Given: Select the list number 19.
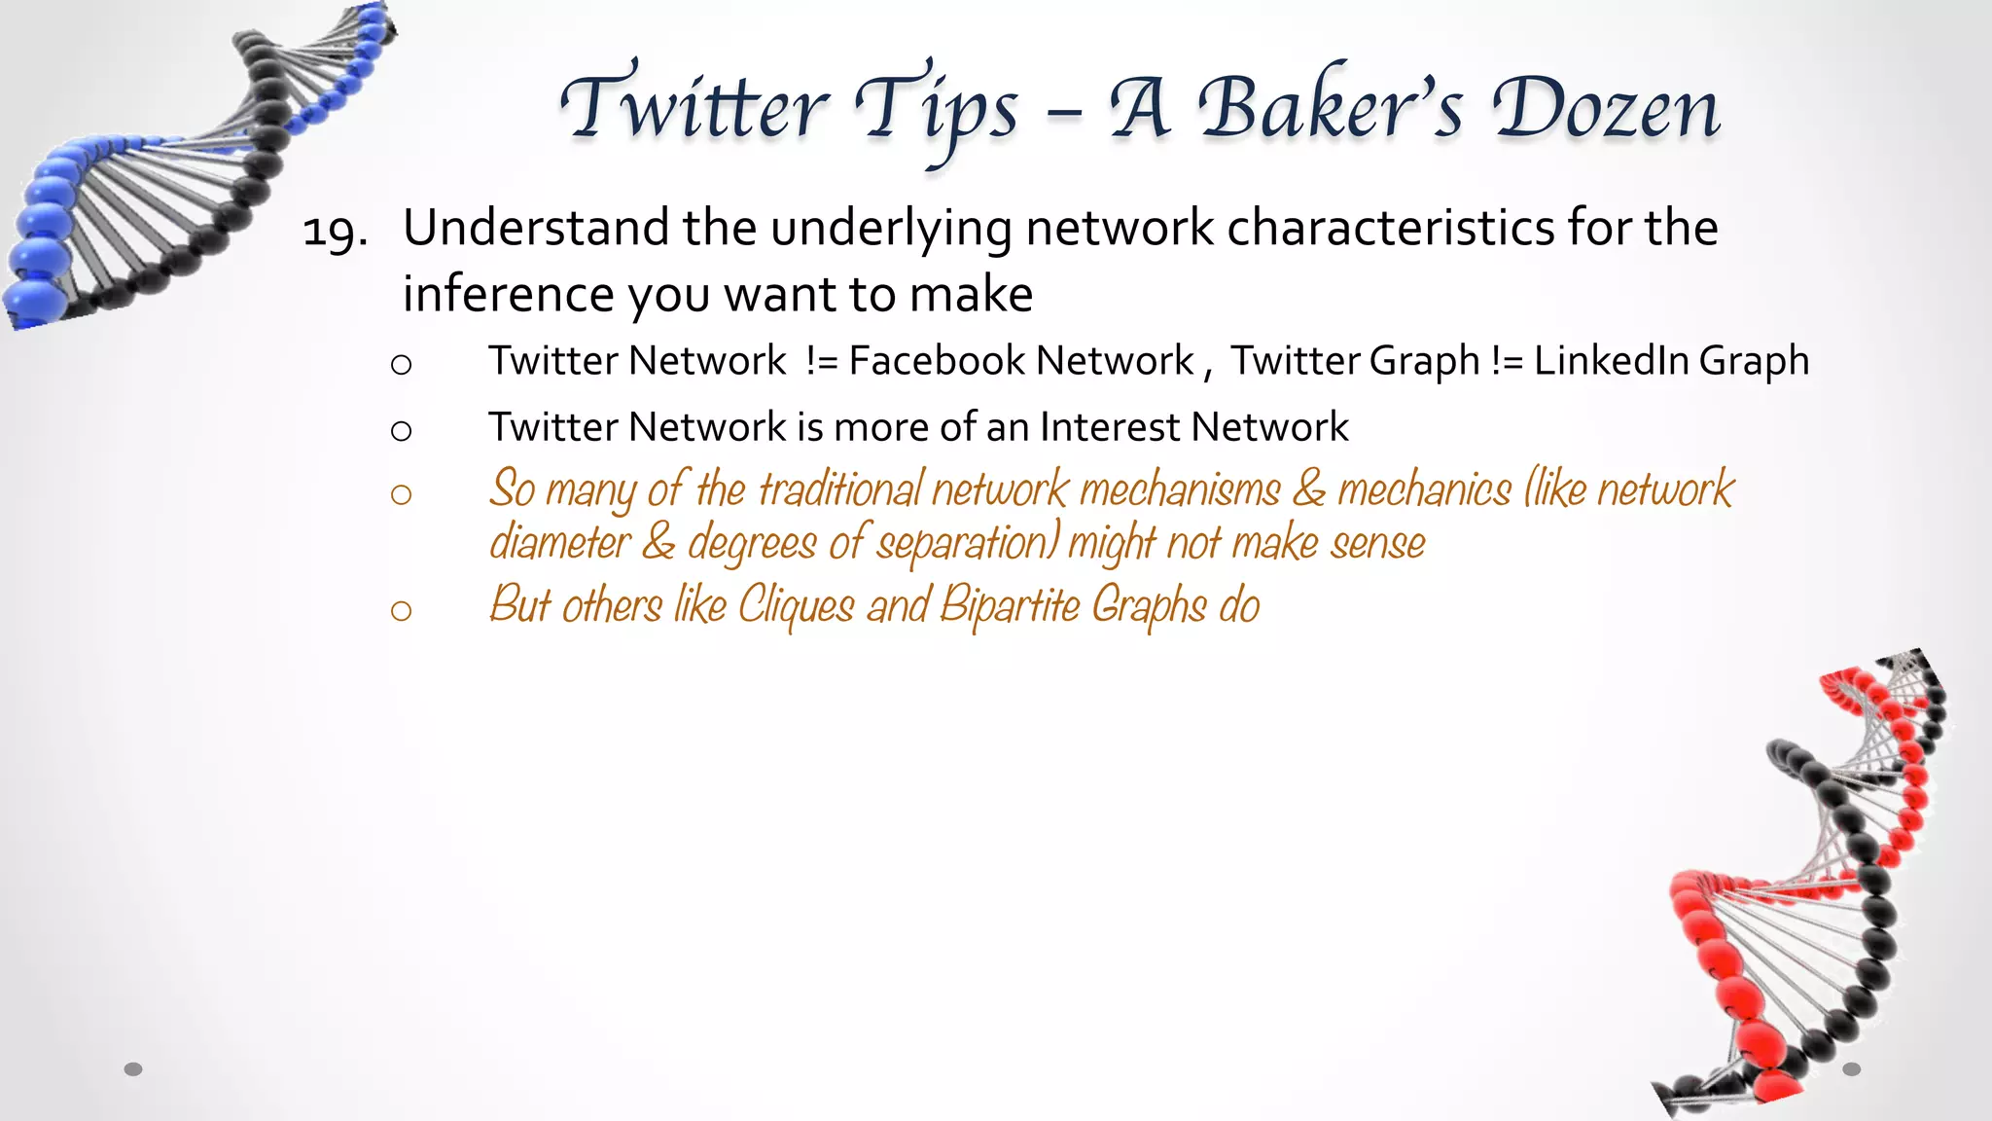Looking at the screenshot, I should pyautogui.click(x=335, y=233).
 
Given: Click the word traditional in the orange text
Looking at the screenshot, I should pyautogui.click(x=839, y=488).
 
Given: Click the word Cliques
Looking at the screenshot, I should pyautogui.click(x=796, y=605).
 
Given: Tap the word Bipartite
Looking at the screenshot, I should pyautogui.click(x=1010, y=605).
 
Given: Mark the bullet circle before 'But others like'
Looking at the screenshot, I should pyautogui.click(x=401, y=610).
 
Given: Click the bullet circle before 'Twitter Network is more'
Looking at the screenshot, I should pyautogui.click(x=401, y=430).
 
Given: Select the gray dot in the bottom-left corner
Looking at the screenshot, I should pyautogui.click(x=133, y=1069).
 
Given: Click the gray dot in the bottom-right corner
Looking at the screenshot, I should pyautogui.click(x=1852, y=1069).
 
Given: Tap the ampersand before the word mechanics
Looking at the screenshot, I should pyautogui.click(x=1308, y=488).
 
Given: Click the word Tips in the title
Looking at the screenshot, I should pyautogui.click(x=936, y=110).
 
